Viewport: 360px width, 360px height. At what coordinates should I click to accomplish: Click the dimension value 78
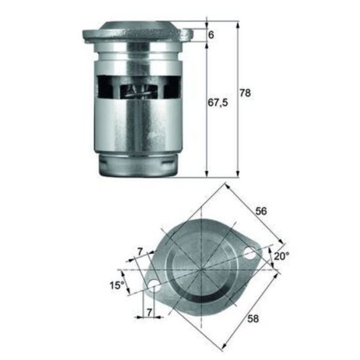point(245,93)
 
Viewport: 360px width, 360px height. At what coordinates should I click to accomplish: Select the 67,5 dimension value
point(218,103)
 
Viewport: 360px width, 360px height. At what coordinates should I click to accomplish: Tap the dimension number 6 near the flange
point(211,35)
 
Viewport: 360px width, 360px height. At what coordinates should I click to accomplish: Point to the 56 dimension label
point(261,211)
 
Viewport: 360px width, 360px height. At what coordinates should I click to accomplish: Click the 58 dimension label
point(253,319)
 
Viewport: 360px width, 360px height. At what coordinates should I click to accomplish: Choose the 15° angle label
point(117,285)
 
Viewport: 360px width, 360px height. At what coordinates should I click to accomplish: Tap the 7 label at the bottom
point(149,312)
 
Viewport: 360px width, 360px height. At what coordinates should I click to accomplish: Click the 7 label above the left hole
point(140,252)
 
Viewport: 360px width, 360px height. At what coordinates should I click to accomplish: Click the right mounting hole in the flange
point(249,253)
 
